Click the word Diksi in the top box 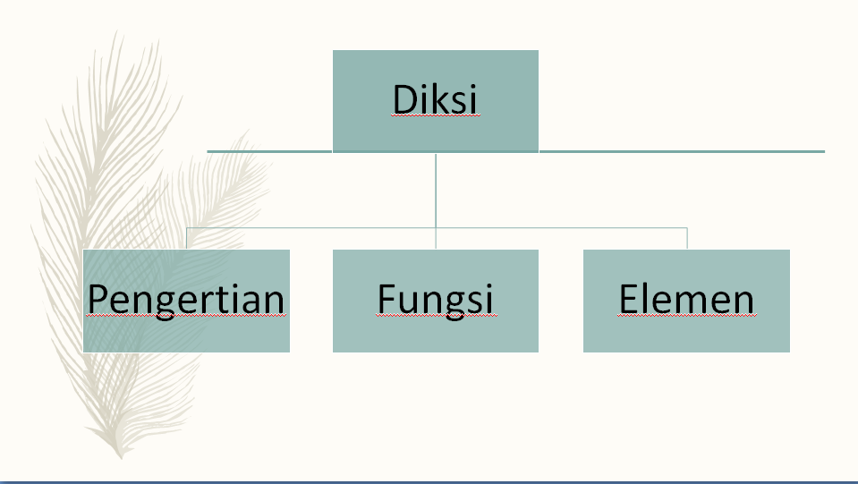(x=436, y=99)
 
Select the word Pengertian (x=186, y=299)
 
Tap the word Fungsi (x=436, y=299)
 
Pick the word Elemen (x=686, y=299)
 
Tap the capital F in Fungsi (x=386, y=299)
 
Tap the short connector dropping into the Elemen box (x=687, y=238)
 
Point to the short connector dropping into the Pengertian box (x=186, y=238)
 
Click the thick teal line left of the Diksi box (x=268, y=151)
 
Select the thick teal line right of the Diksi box (x=680, y=151)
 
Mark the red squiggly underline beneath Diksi (x=436, y=116)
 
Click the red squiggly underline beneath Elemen (x=686, y=317)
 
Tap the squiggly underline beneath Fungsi (x=436, y=317)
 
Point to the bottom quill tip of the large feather (x=119, y=455)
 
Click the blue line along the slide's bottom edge (x=429, y=482)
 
